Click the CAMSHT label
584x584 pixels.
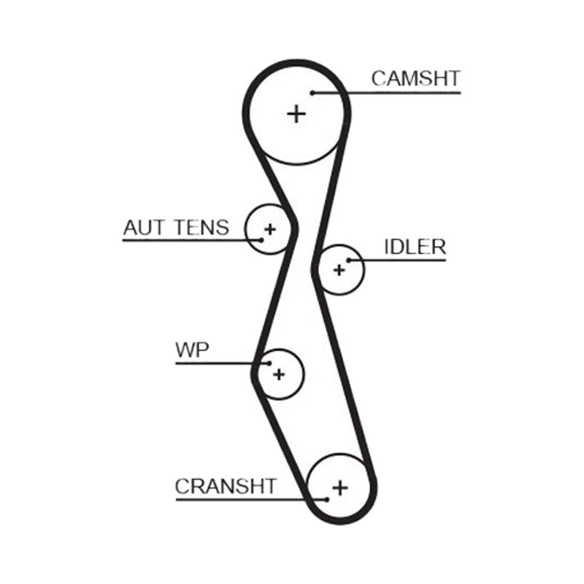coord(415,78)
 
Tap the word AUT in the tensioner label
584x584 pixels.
coord(143,228)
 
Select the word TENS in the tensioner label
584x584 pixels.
coord(202,228)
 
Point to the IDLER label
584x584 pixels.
coord(415,247)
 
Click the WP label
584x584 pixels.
coord(192,350)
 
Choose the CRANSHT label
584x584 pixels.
coord(226,486)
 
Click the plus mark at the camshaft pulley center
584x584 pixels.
coord(296,114)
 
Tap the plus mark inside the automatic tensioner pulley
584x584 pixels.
coord(269,229)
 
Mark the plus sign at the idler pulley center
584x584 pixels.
coord(339,269)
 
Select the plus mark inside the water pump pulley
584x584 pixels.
coord(279,374)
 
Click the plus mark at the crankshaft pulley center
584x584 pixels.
coord(340,488)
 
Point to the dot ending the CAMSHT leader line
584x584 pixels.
coord(313,93)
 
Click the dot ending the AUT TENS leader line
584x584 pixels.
coord(261,240)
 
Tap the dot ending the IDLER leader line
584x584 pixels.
coord(349,260)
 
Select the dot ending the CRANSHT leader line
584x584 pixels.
coord(326,499)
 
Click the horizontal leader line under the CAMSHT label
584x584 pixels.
coord(387,93)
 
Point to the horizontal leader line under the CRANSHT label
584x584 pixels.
coord(251,499)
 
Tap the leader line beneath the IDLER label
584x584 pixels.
coord(397,260)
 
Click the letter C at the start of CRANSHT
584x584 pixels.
coord(182,486)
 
